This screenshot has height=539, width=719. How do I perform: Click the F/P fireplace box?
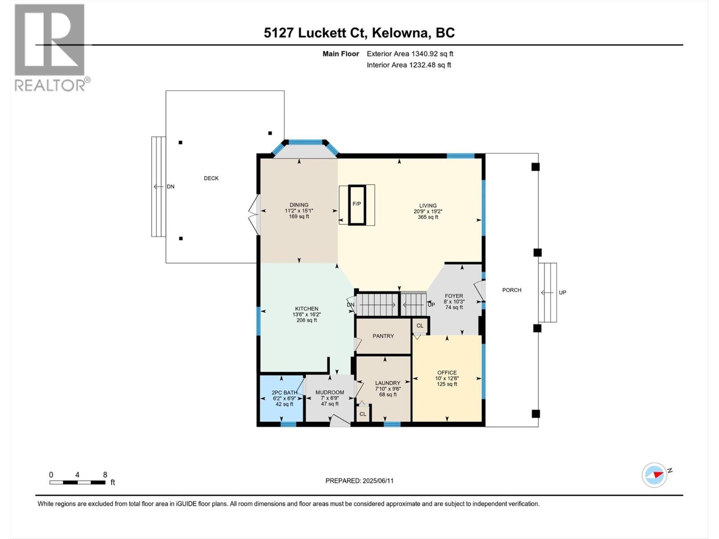(x=357, y=204)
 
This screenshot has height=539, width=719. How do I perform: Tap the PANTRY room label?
(x=383, y=336)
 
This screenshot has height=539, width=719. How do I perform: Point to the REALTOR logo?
(x=50, y=47)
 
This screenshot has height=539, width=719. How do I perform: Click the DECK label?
(x=211, y=178)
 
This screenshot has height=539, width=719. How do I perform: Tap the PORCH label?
(x=511, y=290)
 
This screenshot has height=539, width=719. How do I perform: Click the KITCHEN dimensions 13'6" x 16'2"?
(x=306, y=314)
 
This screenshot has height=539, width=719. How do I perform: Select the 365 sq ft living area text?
(x=427, y=217)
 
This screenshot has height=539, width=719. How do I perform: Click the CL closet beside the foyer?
(x=420, y=326)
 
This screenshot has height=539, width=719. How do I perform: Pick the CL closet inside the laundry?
(x=363, y=414)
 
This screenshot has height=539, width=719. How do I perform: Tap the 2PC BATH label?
(x=284, y=393)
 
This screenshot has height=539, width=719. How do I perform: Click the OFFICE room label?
(x=447, y=372)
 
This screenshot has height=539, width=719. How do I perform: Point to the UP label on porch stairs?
(x=562, y=292)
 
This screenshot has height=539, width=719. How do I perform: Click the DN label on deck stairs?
(x=170, y=186)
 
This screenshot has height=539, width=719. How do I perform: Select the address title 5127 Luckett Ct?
(x=359, y=33)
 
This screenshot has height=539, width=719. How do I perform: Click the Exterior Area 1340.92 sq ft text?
(x=409, y=54)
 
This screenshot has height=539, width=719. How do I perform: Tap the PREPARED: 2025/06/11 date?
(x=359, y=481)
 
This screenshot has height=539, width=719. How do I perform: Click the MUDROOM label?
(x=329, y=392)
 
